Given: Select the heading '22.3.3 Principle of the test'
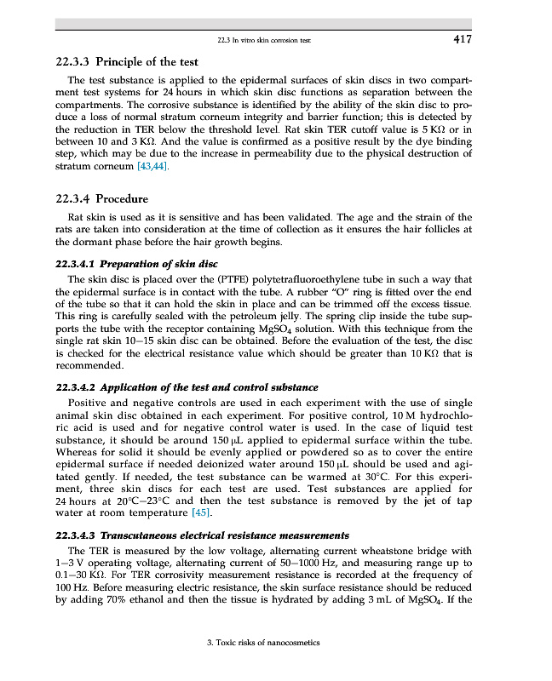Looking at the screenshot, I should (126, 62).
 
